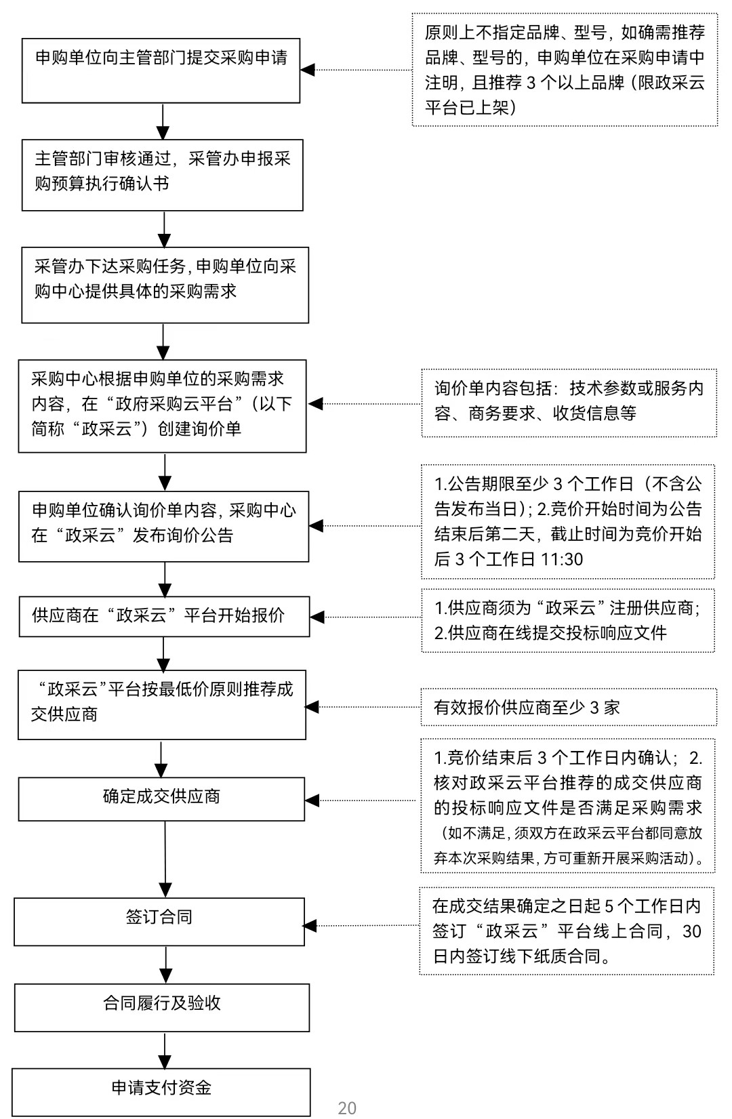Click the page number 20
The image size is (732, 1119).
click(347, 1107)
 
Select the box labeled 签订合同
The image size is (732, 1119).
click(159, 922)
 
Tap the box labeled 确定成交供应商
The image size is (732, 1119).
click(161, 799)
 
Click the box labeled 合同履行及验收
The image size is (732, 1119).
click(162, 1008)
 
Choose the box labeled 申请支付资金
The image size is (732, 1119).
click(161, 1092)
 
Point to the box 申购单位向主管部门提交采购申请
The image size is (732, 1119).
click(161, 70)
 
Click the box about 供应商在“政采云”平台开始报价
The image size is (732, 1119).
click(165, 616)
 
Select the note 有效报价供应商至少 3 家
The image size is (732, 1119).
click(569, 707)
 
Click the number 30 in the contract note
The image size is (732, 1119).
click(691, 931)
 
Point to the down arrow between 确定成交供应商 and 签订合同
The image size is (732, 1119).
click(165, 859)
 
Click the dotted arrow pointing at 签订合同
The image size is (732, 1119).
click(361, 926)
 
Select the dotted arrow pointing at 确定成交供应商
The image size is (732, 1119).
click(361, 800)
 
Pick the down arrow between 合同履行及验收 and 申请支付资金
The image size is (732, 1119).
click(165, 1050)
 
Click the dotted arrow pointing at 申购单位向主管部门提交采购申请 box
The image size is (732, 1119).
click(357, 70)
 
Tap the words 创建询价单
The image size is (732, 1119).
click(199, 428)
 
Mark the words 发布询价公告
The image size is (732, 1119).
click(183, 535)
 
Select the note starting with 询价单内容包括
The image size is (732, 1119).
click(569, 403)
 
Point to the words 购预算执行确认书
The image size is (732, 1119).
click(102, 183)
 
